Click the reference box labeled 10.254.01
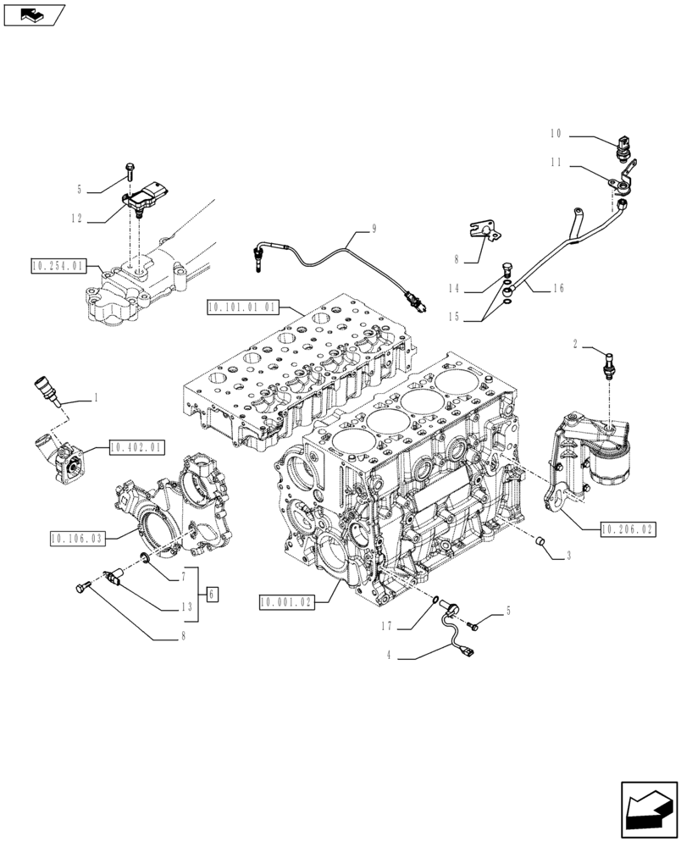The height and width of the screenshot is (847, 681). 57,267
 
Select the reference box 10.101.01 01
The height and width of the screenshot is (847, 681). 241,306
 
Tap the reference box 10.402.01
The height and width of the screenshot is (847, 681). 136,446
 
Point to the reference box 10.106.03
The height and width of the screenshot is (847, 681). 77,537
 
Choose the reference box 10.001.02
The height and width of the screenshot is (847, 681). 288,602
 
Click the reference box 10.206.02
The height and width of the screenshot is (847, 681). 628,529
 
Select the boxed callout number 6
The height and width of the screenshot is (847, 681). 212,594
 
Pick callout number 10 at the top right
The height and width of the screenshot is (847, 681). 556,134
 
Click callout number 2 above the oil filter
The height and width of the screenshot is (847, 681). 575,345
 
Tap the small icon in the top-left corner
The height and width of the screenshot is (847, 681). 34,14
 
